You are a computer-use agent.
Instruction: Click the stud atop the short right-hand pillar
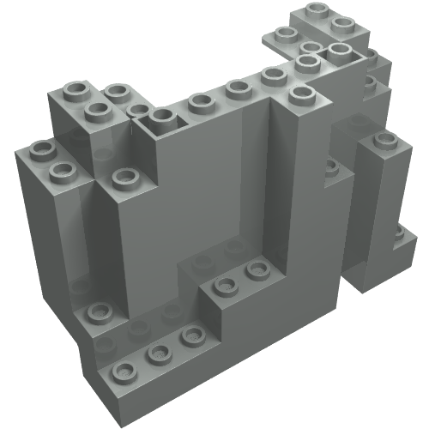tap(384, 139)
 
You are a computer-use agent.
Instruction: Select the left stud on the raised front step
tap(225, 286)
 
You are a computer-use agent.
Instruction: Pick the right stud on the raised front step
tap(256, 270)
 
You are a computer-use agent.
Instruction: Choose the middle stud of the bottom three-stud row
tap(158, 353)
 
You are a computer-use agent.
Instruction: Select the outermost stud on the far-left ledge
tap(38, 151)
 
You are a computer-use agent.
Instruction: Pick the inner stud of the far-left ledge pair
tap(63, 171)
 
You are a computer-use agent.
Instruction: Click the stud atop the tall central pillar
tap(299, 93)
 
